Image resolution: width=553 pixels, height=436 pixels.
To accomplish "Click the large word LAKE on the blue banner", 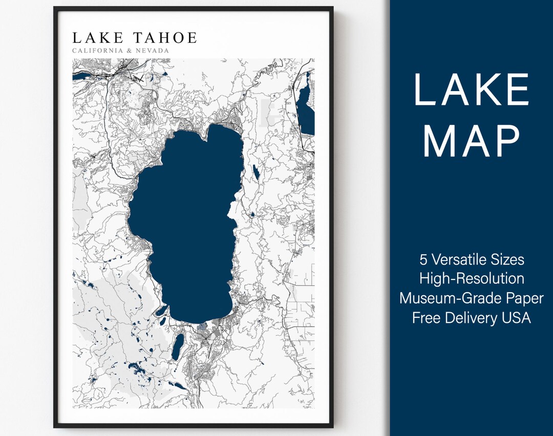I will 471,90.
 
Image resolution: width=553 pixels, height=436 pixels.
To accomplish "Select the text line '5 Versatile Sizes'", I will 472,259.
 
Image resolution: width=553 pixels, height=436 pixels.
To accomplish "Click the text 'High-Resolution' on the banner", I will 472,279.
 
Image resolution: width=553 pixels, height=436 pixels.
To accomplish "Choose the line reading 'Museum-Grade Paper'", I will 472,298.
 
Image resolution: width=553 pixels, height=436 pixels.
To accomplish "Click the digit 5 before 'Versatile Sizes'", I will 423,259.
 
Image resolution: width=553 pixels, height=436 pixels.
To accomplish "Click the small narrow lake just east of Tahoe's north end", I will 256,172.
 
